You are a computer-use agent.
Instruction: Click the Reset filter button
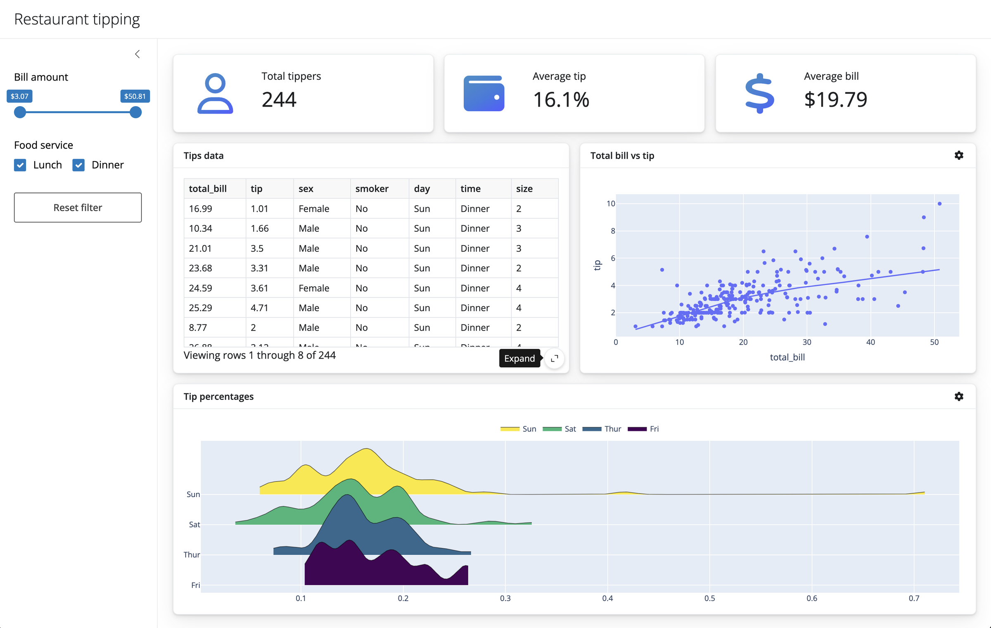pos(78,207)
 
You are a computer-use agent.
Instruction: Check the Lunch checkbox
pos(20,165)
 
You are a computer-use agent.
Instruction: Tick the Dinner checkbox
pos(78,165)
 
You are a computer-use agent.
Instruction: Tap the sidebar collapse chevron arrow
pos(138,54)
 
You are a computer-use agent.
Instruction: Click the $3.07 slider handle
pos(20,112)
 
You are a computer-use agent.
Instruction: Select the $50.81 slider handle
pos(135,112)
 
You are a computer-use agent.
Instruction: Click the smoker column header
pos(372,189)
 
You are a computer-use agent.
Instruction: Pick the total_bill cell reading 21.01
pos(201,248)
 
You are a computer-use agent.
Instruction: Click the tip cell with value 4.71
pos(260,308)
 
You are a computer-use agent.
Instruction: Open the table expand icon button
pos(555,358)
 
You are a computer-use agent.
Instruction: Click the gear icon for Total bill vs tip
pos(959,155)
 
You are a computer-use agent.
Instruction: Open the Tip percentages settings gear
pos(959,397)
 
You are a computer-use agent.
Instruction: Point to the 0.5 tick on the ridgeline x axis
pos(709,598)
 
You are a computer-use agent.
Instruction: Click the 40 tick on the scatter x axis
pos(870,342)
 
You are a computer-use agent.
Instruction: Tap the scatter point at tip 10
pos(939,204)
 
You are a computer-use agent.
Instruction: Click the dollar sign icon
pos(759,93)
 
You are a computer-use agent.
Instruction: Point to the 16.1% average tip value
pos(561,100)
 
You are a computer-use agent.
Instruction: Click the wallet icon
pos(484,93)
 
